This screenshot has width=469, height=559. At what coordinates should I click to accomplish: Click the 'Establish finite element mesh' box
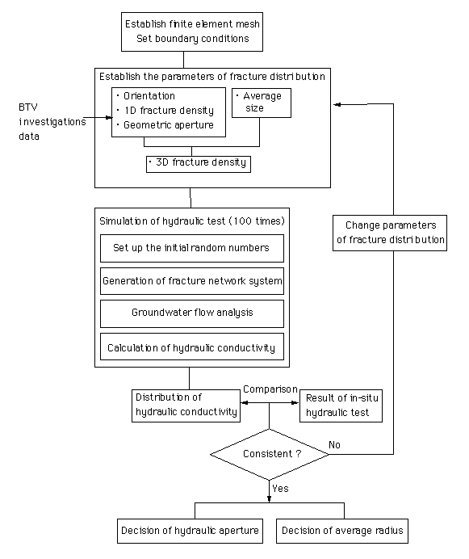point(192,32)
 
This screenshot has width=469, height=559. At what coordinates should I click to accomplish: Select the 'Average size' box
point(262,103)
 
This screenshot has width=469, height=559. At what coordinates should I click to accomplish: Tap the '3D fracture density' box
point(199,164)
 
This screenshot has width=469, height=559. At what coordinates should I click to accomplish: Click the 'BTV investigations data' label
point(52,121)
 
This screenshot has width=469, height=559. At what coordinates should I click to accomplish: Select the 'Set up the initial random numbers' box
point(192,248)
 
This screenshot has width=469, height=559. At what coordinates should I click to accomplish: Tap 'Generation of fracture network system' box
point(192,281)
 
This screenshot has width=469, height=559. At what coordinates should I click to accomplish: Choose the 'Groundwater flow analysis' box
point(192,313)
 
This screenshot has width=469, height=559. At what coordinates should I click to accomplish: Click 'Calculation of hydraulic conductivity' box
point(192,347)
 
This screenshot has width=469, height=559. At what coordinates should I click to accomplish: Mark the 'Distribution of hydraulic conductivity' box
point(186,406)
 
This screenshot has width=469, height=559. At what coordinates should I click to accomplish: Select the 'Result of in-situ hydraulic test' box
point(341,406)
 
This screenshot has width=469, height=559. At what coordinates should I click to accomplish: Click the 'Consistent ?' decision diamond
point(270,454)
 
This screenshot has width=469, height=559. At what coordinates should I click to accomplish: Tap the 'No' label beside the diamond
point(334,444)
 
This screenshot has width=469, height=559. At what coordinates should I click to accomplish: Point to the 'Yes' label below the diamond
point(280,488)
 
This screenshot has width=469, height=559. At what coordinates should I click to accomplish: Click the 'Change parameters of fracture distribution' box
point(390,233)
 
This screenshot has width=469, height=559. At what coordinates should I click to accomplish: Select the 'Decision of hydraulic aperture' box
point(190,531)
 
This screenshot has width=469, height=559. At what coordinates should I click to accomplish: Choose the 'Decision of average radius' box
point(342,531)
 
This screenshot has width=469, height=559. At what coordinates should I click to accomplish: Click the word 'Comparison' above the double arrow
point(270,389)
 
